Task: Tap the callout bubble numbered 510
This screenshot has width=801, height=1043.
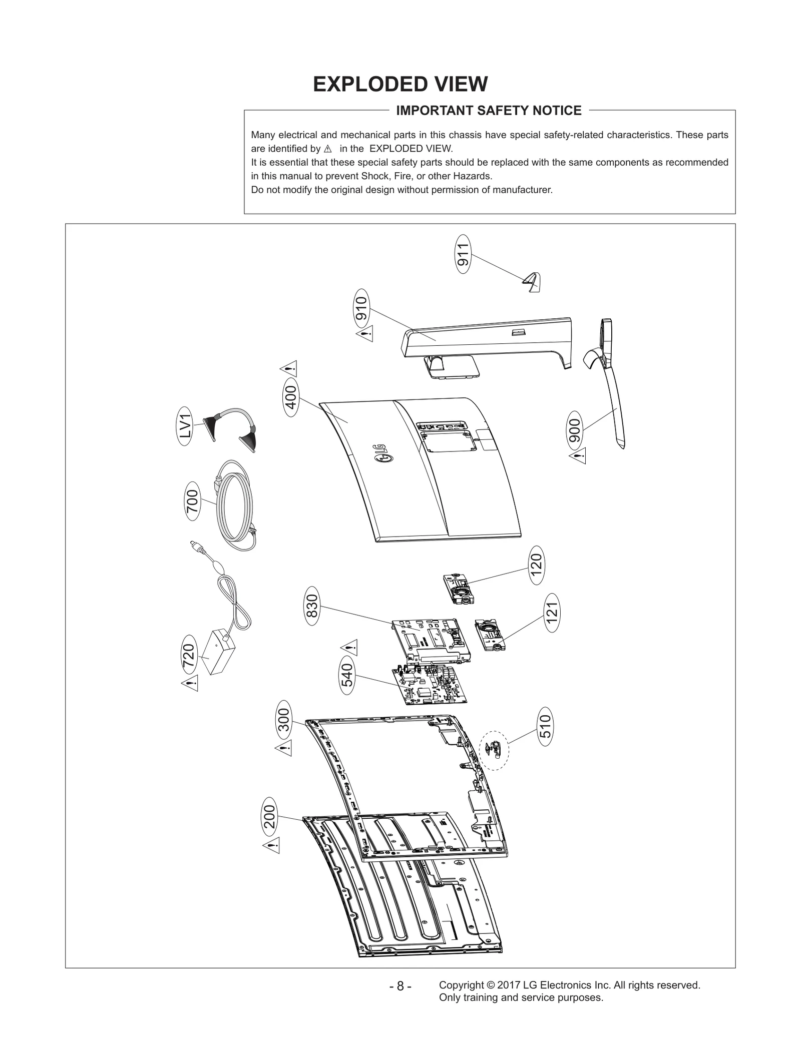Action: point(546,727)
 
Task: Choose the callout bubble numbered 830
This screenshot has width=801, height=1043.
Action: point(311,609)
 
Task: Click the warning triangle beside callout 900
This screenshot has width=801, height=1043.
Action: point(578,456)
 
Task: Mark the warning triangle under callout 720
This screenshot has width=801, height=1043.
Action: point(190,683)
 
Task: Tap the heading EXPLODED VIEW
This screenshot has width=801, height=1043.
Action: point(400,84)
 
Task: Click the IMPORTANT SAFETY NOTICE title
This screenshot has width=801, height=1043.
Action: point(489,111)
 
